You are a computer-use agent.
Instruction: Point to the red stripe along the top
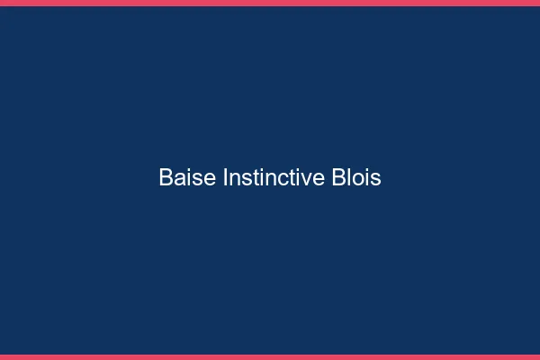click(x=270, y=3)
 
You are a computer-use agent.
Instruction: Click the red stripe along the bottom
click(x=270, y=356)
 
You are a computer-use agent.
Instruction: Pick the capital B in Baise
click(x=166, y=178)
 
